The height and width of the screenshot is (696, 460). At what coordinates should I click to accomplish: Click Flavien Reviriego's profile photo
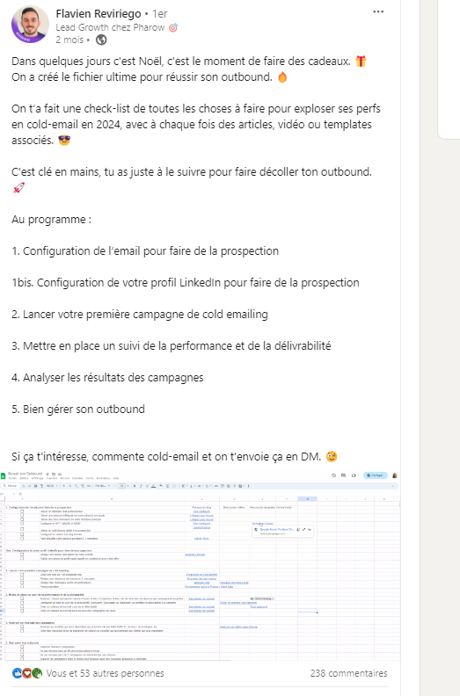(29, 25)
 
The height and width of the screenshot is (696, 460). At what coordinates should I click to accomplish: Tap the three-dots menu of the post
(378, 12)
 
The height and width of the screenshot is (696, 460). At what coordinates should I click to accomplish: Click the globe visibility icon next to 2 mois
(101, 40)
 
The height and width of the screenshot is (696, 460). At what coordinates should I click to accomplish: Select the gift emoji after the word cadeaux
(361, 61)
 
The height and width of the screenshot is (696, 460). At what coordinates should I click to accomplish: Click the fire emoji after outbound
(282, 76)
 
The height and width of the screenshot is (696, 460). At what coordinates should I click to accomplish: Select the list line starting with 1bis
(186, 283)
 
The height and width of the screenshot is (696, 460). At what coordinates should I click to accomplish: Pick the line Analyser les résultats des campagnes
(108, 377)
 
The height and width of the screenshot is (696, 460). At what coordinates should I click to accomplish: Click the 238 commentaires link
(349, 673)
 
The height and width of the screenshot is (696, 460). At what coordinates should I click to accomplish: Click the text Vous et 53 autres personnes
(105, 673)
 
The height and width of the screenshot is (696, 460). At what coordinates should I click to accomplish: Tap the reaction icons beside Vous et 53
(26, 673)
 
